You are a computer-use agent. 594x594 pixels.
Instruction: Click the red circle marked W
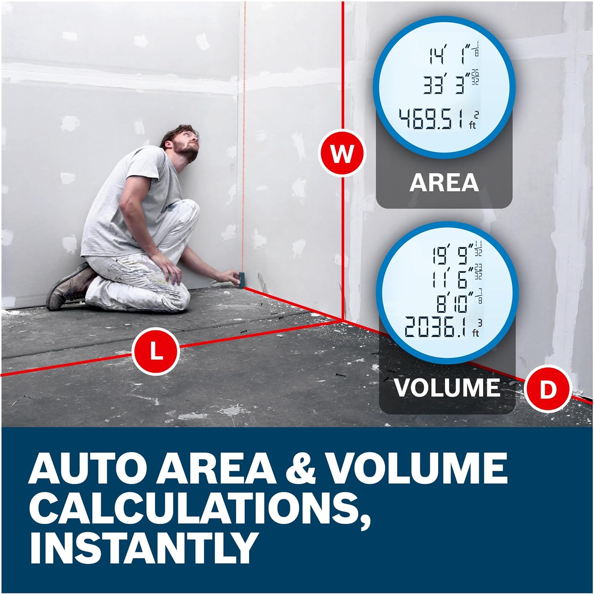[342, 153]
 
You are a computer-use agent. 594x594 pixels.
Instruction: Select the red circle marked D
[548, 390]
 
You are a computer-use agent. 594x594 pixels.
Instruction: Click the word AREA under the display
[444, 182]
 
